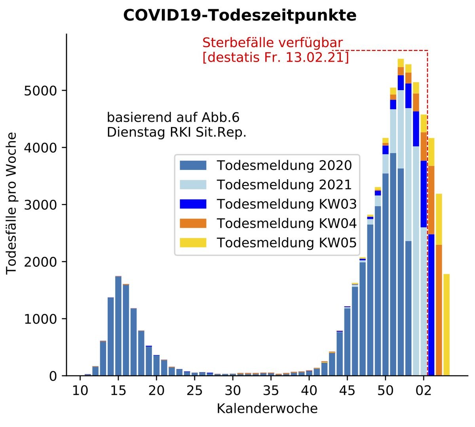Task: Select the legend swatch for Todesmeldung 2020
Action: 193,165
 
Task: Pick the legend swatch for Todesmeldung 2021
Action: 193,185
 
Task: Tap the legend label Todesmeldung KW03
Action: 287,204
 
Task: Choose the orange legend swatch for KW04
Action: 193,223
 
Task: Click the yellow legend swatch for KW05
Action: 193,242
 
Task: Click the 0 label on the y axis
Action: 53,376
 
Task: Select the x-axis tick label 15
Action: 118,391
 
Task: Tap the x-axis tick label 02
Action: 424,391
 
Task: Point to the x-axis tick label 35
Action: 271,391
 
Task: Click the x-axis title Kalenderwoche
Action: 267,408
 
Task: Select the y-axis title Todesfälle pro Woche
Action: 12,203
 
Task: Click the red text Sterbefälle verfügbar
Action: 272,43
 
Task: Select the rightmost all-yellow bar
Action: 446,324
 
